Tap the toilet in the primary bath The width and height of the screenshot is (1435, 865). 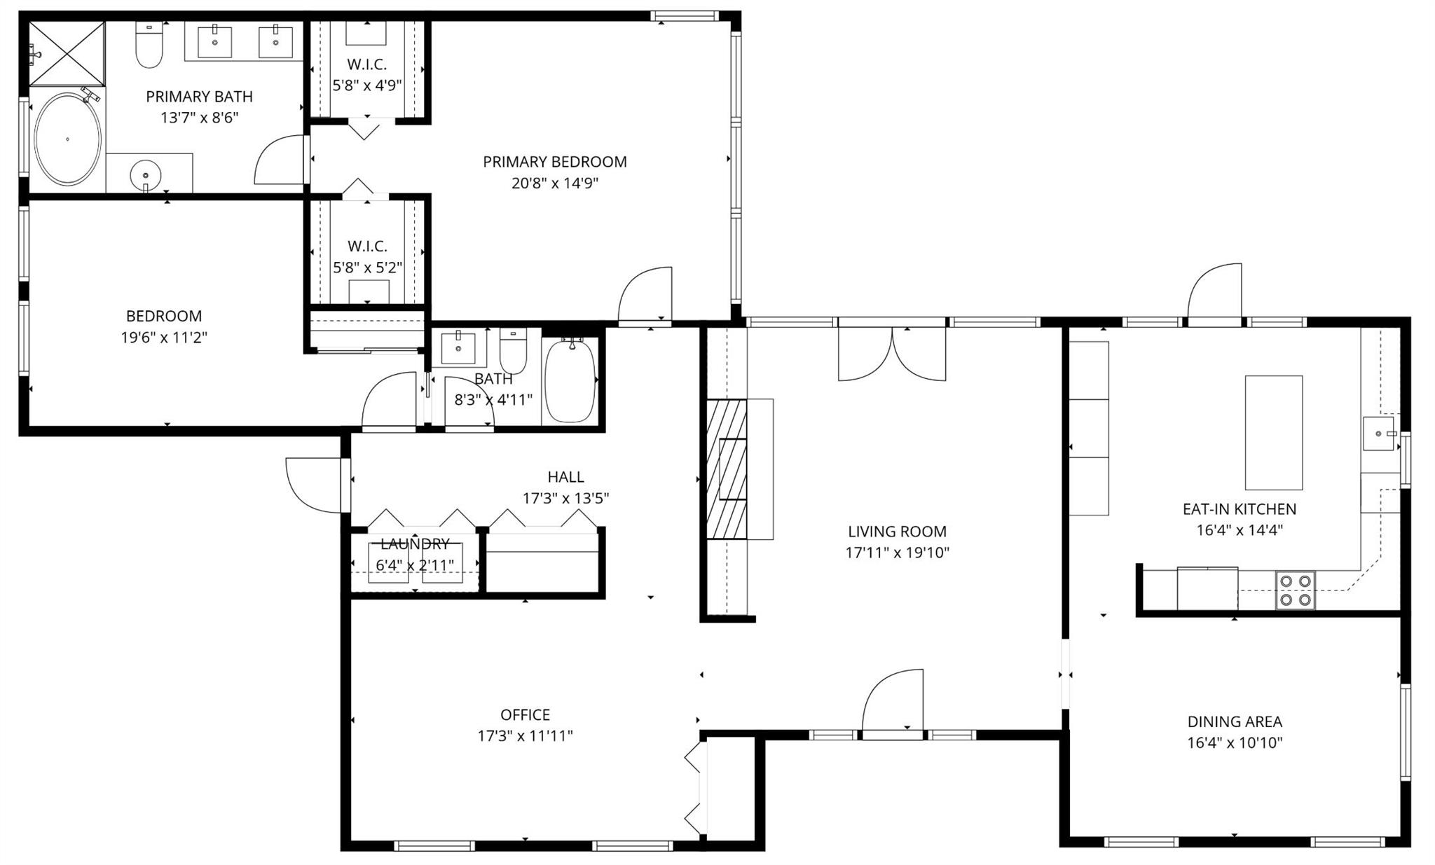[x=149, y=48]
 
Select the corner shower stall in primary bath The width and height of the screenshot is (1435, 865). [x=67, y=53]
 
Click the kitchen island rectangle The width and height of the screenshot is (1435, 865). [x=1273, y=432]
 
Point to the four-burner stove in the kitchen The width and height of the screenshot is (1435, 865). [x=1294, y=590]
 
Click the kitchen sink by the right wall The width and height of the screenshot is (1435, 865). [x=1379, y=434]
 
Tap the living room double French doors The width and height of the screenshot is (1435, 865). [x=892, y=354]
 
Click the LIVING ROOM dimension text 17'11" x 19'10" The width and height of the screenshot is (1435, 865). [x=897, y=553]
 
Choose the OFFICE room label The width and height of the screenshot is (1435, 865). [x=525, y=714]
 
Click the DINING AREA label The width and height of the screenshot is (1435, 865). [x=1235, y=721]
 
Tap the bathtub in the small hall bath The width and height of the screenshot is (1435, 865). [x=570, y=381]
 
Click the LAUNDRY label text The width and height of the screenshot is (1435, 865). [x=415, y=544]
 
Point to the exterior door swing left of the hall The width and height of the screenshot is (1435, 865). [x=313, y=483]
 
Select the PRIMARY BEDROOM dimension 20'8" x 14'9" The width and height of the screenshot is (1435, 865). [x=554, y=184]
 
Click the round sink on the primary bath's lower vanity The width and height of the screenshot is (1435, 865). [x=145, y=173]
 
